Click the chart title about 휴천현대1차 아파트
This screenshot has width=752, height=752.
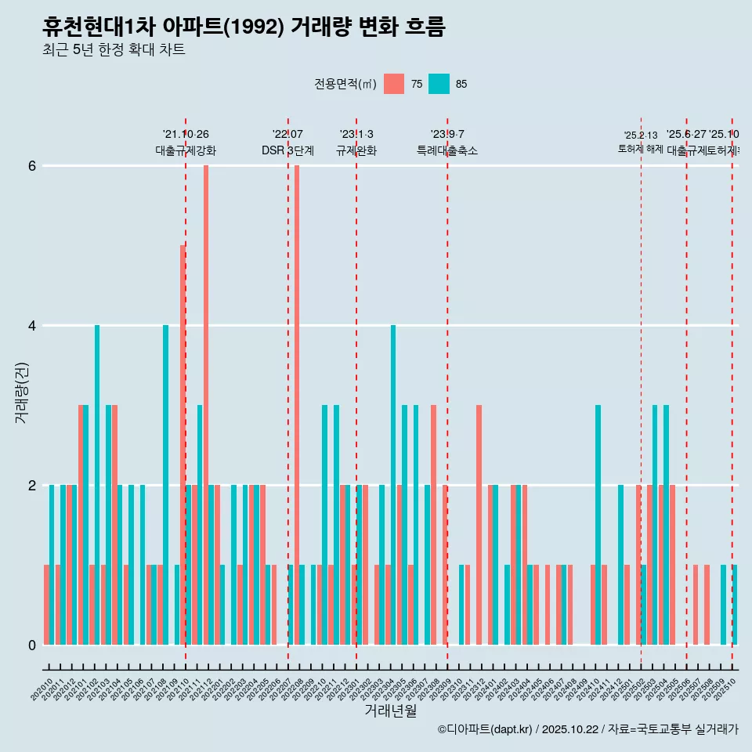pos(244,27)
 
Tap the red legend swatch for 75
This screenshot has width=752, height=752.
pos(394,84)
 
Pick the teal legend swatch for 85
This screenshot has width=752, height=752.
pos(439,84)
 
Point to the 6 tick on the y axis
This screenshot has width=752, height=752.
pos(32,166)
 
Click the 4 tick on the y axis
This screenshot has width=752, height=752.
pos(32,326)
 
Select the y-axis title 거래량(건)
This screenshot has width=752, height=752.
pos(21,392)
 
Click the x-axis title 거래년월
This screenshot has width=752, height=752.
pos(390,710)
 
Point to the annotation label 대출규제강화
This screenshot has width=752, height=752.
pos(186,150)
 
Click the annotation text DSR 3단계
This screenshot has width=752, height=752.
pos(287,150)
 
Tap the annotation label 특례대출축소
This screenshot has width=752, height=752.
pos(447,150)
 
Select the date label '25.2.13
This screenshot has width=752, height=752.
pos(641,136)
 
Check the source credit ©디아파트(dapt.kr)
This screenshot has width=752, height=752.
pos(486,729)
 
